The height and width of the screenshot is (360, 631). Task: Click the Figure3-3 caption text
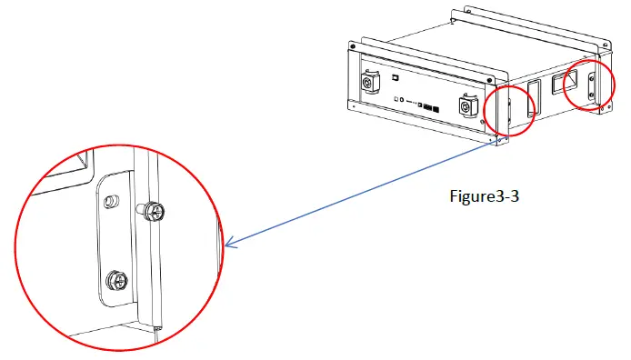[488, 196]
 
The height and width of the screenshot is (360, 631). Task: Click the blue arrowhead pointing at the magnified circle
[229, 244]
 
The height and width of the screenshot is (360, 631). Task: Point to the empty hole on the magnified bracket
[111, 200]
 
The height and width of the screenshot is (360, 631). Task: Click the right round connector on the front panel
[469, 106]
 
